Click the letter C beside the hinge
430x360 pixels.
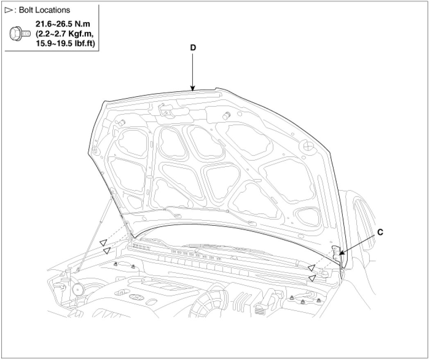[380, 232]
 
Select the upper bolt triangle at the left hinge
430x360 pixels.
[104, 242]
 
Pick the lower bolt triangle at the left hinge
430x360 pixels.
[106, 250]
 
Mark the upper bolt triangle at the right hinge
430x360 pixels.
[311, 268]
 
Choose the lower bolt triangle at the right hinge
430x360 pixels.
[312, 278]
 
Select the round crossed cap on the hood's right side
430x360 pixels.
[308, 145]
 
